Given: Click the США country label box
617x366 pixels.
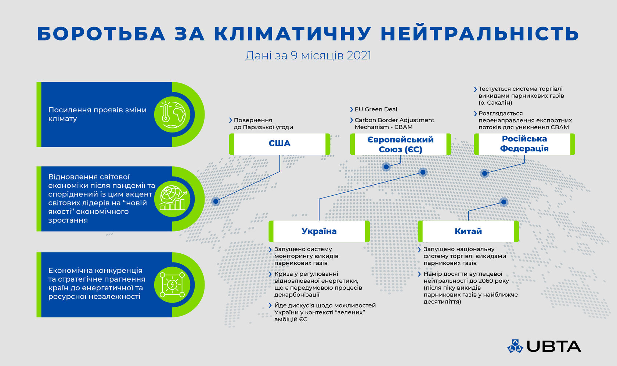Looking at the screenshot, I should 279,144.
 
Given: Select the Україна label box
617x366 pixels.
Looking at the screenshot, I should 319,231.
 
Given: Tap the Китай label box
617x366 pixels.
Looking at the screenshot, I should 468,231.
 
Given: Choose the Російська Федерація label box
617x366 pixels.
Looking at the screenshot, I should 524,144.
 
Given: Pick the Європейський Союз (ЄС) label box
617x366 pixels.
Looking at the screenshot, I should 400,144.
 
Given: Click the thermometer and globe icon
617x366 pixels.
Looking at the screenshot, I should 173,114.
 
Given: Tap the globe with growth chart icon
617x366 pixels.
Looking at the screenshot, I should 173,199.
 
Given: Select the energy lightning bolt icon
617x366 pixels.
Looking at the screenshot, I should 173,285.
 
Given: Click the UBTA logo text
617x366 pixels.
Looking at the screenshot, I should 553,346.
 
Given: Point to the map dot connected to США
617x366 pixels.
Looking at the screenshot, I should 216,201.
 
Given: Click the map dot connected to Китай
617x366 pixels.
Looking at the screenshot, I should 504,202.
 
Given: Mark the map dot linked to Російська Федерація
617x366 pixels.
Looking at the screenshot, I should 484,173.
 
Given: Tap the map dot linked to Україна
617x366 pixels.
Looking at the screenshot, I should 423,172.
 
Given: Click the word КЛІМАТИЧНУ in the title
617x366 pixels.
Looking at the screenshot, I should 292,34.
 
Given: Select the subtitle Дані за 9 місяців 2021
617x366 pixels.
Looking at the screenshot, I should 308,55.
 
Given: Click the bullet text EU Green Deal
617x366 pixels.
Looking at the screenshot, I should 376,109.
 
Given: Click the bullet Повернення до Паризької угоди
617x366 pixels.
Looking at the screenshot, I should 263,124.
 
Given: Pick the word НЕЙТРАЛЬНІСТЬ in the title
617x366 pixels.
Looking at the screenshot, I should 480,34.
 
